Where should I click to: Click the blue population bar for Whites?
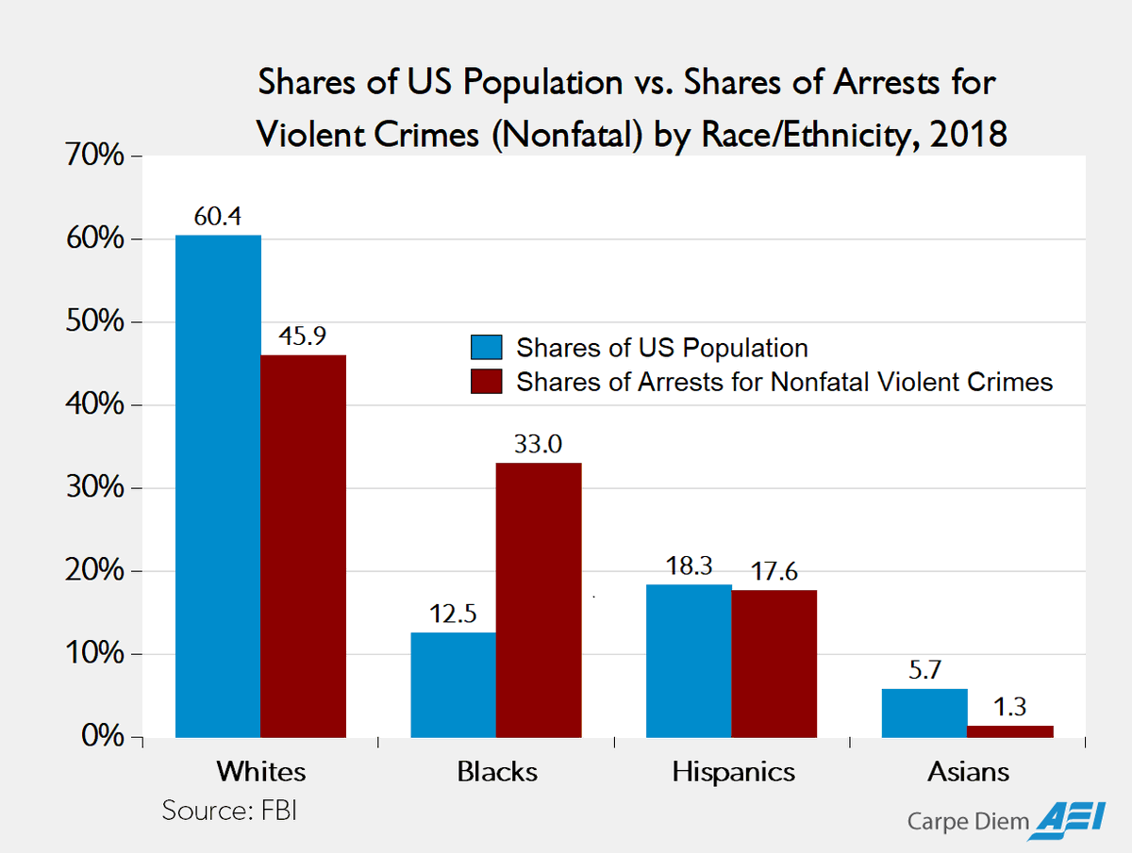click(218, 486)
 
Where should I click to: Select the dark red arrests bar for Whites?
click(303, 547)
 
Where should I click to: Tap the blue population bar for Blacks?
click(453, 685)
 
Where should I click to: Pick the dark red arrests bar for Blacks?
click(539, 600)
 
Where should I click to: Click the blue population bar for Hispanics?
click(689, 661)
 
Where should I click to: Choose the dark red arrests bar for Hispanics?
click(774, 664)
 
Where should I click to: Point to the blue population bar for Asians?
click(924, 714)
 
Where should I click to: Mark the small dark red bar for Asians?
click(1009, 731)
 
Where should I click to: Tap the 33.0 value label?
click(539, 444)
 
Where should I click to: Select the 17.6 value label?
click(774, 570)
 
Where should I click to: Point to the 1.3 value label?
click(1009, 706)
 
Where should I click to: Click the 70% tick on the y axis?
click(93, 156)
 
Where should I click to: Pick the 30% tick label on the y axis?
click(93, 488)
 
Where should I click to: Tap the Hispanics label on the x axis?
click(733, 772)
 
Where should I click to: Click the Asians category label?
click(968, 772)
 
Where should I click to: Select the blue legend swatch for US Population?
click(488, 347)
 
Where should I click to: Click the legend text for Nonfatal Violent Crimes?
click(784, 382)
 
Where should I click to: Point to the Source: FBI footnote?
click(229, 811)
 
